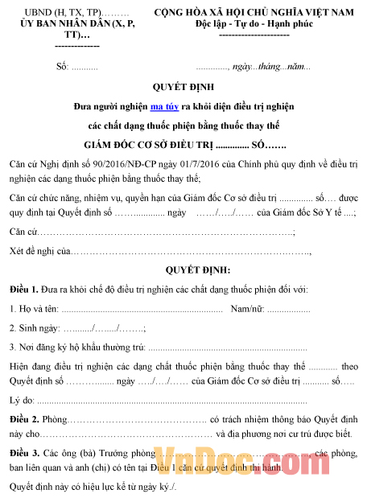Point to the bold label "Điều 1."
tap(23, 289)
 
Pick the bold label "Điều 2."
tap(23, 420)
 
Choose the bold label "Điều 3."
tap(23, 454)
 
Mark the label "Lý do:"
tap(22, 400)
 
